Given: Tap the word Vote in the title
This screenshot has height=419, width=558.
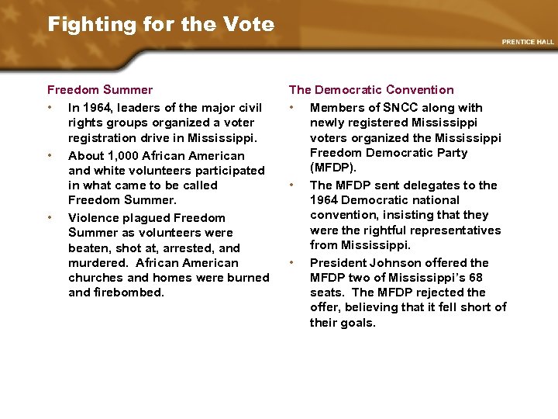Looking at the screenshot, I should [x=251, y=24].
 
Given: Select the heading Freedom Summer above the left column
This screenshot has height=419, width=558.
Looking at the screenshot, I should [x=100, y=90].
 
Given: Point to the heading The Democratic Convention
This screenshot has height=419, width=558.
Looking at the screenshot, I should [x=371, y=90].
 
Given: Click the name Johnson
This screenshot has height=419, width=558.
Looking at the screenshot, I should [x=394, y=263].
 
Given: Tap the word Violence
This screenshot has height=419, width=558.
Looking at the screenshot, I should [x=93, y=218].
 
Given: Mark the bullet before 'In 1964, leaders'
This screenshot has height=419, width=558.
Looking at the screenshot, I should [x=50, y=108].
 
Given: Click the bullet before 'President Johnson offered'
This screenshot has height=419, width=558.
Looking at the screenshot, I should [x=291, y=263].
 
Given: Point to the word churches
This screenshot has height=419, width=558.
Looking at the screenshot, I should [x=96, y=278].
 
